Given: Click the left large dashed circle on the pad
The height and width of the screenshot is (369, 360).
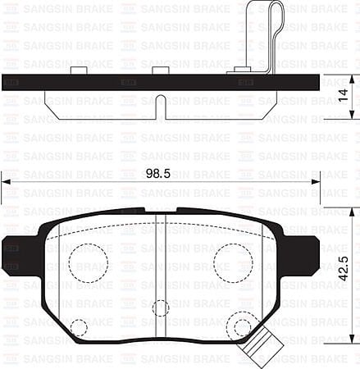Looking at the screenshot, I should click(x=88, y=262).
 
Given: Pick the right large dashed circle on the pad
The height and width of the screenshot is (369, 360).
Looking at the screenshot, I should click(x=233, y=262).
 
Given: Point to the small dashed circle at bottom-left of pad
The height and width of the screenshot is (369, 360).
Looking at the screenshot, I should click(x=79, y=328).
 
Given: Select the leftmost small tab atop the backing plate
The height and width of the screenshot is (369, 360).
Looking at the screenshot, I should click(x=80, y=71).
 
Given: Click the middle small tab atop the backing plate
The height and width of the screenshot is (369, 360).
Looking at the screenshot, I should click(x=161, y=71).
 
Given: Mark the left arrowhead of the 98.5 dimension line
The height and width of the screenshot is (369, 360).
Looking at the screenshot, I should click(x=7, y=182).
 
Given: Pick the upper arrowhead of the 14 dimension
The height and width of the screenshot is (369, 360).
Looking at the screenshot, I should click(x=352, y=80).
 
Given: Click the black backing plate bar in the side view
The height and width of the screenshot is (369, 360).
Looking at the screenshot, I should click(x=123, y=83).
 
